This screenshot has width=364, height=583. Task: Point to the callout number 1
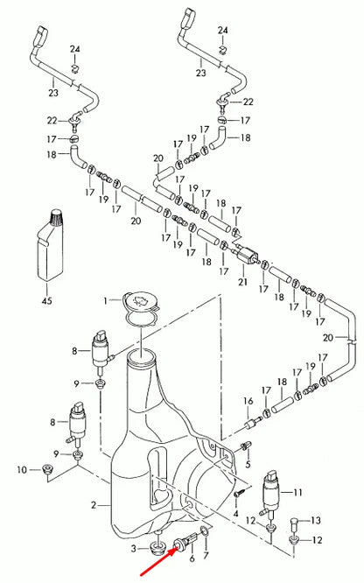click(x=106, y=300)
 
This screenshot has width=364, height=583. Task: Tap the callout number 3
click(x=135, y=547)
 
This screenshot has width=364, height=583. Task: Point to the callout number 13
click(x=317, y=520)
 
